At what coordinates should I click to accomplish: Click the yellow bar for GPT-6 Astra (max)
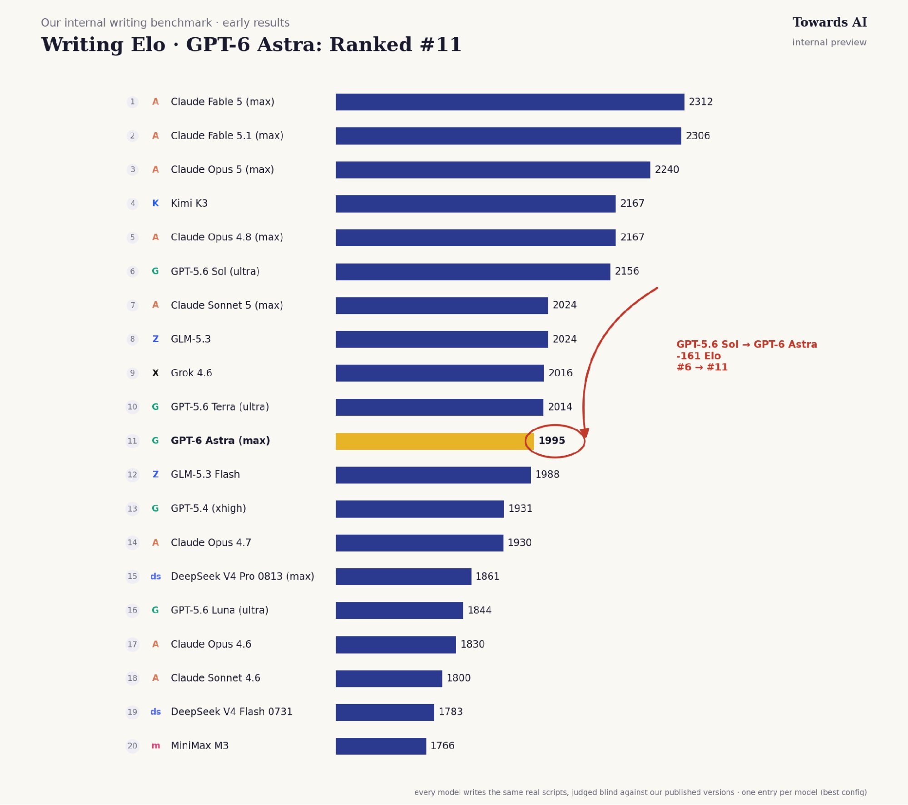[x=435, y=441]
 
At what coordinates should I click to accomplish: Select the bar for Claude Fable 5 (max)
[x=510, y=102]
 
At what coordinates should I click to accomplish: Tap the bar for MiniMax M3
[x=381, y=746]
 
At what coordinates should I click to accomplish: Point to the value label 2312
[x=700, y=102]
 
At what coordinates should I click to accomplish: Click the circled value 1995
[x=551, y=441]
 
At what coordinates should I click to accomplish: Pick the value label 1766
[x=442, y=745]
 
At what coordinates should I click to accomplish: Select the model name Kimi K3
[x=189, y=203]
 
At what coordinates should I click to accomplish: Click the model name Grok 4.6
[x=191, y=373]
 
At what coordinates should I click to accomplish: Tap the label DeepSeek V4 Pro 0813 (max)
[x=242, y=576]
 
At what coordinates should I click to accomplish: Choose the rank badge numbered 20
[x=132, y=745]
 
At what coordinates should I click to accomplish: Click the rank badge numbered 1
[x=132, y=102]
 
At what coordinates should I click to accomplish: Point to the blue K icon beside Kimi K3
[x=155, y=203]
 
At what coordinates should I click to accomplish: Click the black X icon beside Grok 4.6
[x=155, y=373]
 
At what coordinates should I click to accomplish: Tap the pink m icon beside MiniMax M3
[x=155, y=746]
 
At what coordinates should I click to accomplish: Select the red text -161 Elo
[x=698, y=356]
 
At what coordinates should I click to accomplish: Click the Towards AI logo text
[x=829, y=22]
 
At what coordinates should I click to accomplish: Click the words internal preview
[x=829, y=42]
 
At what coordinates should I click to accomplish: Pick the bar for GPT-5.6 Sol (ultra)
[x=473, y=272]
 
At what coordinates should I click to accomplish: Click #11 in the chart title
[x=441, y=45]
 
